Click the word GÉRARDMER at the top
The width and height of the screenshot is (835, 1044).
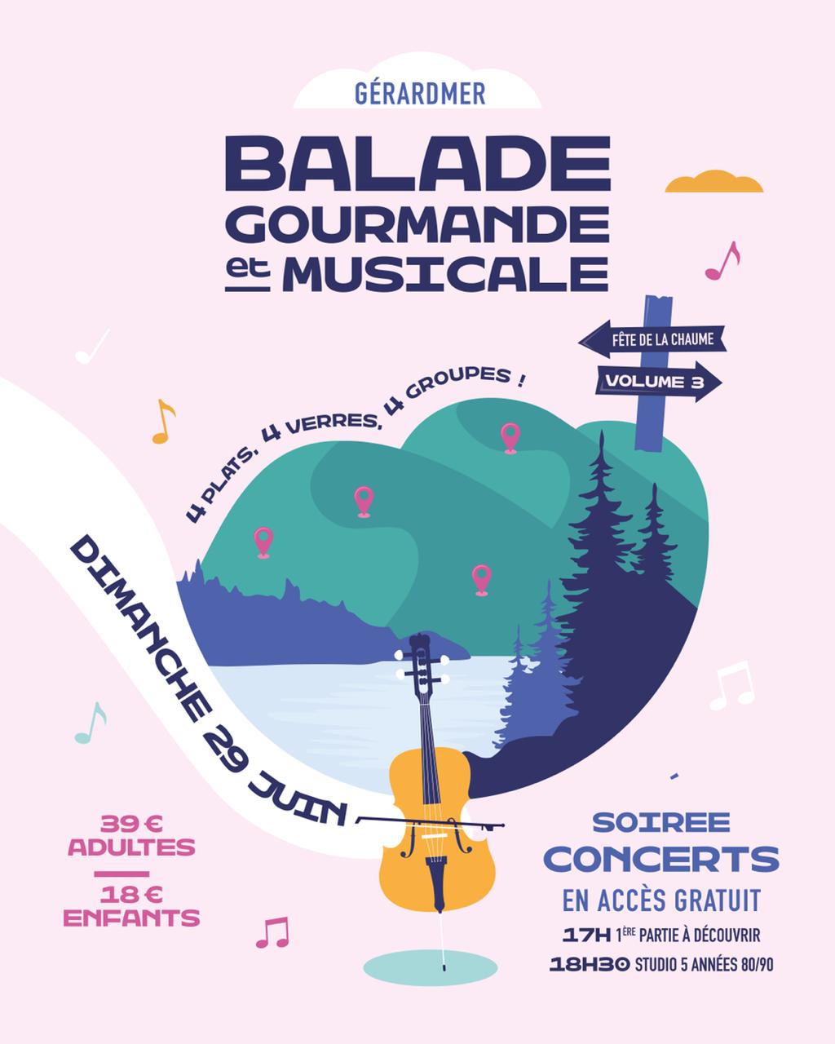[x=420, y=93]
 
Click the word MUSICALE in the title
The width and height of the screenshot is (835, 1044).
[x=450, y=273]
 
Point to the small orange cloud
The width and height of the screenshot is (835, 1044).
[x=714, y=183]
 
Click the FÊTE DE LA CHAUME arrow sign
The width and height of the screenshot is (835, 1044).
[x=652, y=339]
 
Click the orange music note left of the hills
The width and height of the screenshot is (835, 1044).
[x=164, y=422]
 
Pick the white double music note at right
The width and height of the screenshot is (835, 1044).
[x=731, y=684]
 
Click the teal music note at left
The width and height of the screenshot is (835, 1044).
[x=91, y=723]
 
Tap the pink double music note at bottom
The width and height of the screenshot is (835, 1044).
[x=272, y=932]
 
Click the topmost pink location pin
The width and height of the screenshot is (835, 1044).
[x=510, y=437]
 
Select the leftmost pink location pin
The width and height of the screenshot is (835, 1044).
[x=263, y=542]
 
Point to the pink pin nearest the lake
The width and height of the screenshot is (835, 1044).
[x=481, y=579]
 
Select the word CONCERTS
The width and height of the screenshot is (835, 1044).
[x=661, y=858]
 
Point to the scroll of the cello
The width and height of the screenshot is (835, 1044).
[x=419, y=646]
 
